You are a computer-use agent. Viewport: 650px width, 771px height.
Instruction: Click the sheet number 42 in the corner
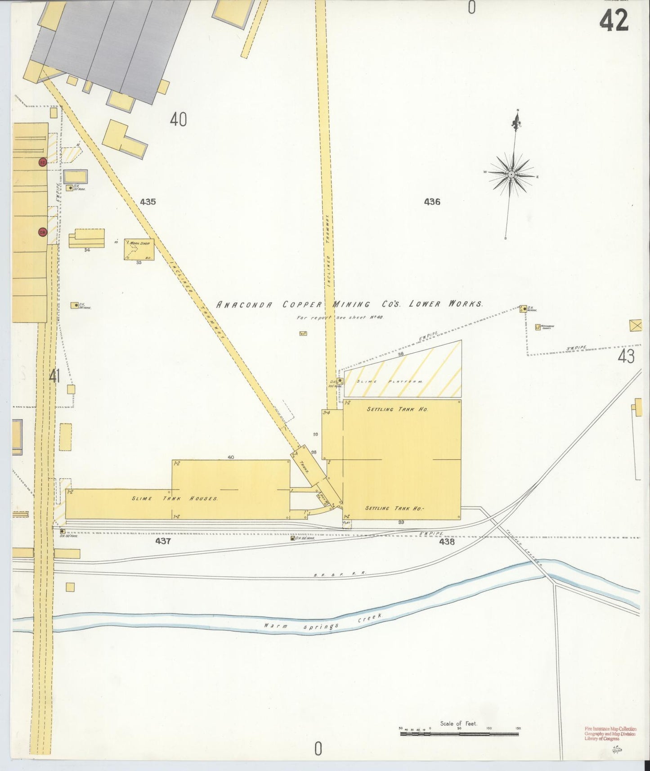(x=614, y=21)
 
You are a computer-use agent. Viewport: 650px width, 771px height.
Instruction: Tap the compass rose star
(x=511, y=174)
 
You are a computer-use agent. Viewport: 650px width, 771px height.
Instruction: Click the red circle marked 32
(x=43, y=162)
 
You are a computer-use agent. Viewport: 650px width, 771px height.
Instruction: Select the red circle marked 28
(x=43, y=232)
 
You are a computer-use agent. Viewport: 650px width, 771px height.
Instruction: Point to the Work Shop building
(x=139, y=249)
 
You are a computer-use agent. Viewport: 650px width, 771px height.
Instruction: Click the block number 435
(x=148, y=202)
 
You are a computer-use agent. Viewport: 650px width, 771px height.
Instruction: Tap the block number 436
(x=432, y=202)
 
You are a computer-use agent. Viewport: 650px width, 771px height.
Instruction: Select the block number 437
(x=163, y=541)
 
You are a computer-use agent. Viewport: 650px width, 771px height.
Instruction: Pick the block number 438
(x=447, y=542)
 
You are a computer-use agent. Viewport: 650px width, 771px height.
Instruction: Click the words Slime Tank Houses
(x=175, y=498)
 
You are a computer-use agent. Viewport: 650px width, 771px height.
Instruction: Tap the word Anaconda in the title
(x=244, y=305)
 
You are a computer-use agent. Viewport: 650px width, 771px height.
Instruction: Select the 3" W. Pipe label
(x=576, y=349)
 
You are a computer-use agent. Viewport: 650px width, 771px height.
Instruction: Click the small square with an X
(x=636, y=325)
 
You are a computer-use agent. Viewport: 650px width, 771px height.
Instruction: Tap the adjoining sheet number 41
(x=54, y=376)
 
